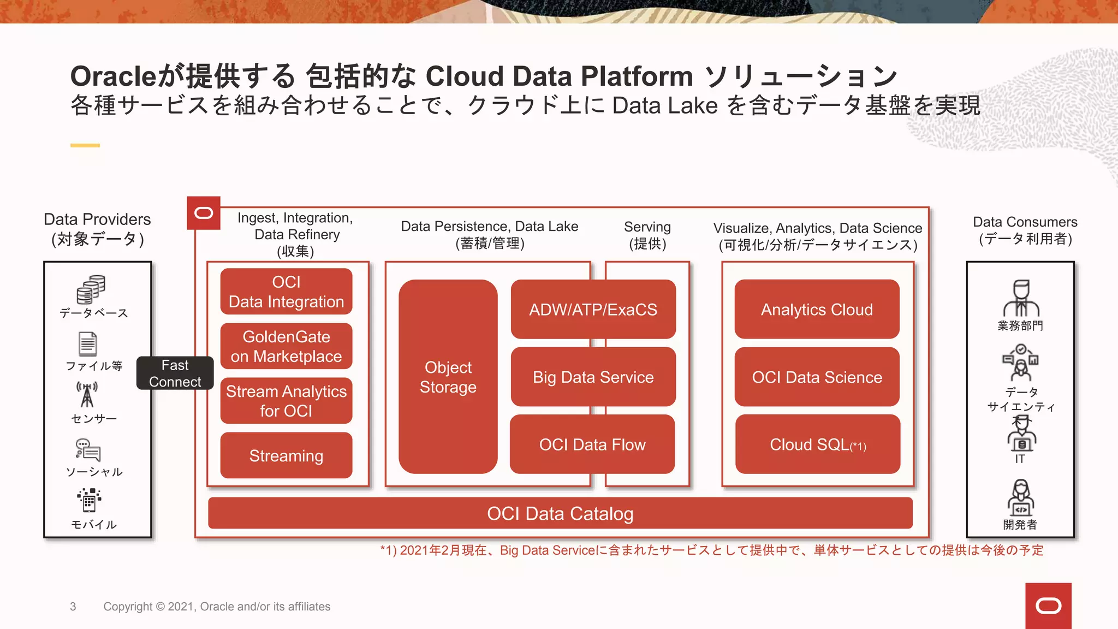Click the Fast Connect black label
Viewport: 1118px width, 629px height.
coord(175,373)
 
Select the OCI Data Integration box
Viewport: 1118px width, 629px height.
coord(286,292)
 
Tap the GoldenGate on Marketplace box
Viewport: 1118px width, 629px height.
coord(286,346)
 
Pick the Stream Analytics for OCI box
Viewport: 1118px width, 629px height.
coord(286,401)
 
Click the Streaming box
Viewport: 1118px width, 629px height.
coord(286,455)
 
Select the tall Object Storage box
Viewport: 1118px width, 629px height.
coord(448,377)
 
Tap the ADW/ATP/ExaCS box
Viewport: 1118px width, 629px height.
coord(593,310)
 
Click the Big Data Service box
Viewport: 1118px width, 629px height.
coord(593,377)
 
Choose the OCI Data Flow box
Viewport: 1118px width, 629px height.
coord(592,444)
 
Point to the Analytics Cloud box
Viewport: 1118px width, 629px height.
coord(817,310)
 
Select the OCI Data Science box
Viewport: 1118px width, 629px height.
coord(817,377)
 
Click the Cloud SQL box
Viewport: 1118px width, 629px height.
coord(817,444)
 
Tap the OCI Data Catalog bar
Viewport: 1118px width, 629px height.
coord(560,513)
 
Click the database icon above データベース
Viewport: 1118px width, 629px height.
coord(91,289)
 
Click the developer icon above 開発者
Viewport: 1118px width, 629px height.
coord(1020,497)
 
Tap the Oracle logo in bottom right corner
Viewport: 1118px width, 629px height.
coord(1048,606)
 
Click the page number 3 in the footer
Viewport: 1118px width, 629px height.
coord(73,607)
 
